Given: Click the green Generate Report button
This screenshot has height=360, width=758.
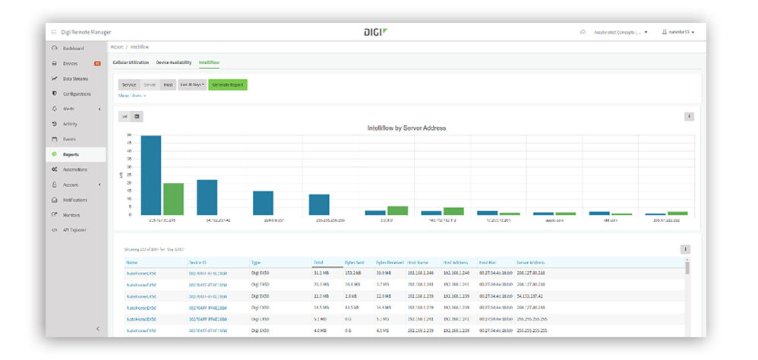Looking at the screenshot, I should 228,85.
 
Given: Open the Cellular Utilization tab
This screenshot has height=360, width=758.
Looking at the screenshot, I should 131,62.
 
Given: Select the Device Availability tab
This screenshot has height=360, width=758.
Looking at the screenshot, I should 174,62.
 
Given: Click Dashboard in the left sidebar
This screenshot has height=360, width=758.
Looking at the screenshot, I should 73,49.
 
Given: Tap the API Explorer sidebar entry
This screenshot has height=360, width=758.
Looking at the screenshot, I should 76,229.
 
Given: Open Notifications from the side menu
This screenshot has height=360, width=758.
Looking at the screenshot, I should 77,200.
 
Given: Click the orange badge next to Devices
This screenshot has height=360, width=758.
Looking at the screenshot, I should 97,63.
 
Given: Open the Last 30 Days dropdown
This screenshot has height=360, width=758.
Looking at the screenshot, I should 191,85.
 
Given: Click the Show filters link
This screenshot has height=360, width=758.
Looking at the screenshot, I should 132,96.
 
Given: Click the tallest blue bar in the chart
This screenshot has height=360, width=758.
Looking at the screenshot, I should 150,175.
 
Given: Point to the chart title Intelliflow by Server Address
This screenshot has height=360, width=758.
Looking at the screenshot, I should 406,128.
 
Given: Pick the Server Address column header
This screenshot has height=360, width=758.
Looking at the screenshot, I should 532,262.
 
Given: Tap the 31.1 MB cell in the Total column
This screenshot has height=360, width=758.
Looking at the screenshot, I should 321,272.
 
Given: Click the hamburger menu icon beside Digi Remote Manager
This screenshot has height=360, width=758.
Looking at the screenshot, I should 53,32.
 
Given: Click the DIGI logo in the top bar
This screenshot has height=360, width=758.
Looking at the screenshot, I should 376,32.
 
